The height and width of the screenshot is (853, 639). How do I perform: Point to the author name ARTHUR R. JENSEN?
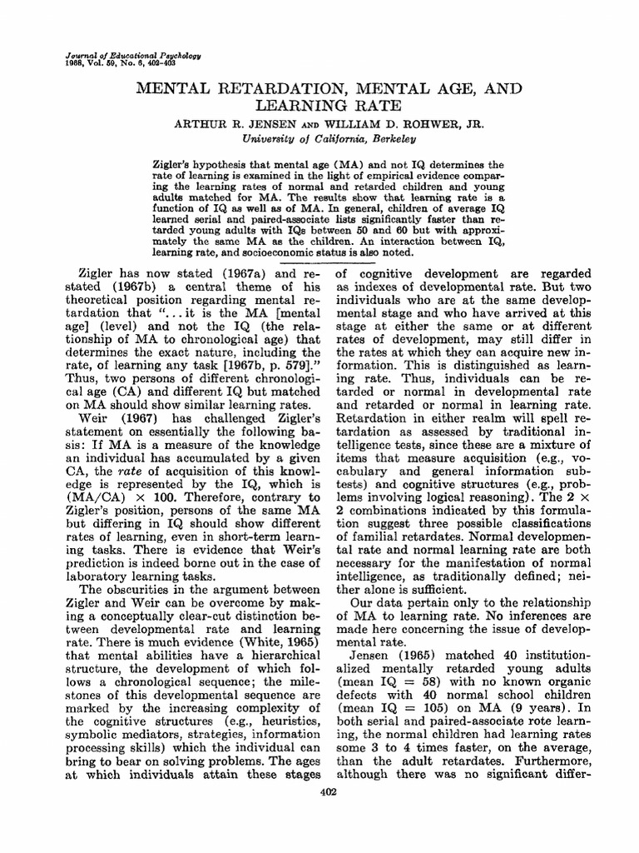[235, 122]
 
